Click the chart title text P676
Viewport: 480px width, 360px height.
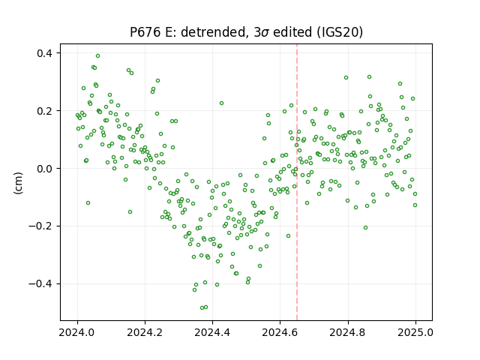pyautogui.click(x=145, y=31)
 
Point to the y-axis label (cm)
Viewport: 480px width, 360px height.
pyautogui.click(x=18, y=183)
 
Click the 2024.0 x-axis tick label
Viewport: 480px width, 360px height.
pyautogui.click(x=77, y=332)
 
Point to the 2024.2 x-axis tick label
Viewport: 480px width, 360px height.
pyautogui.click(x=145, y=332)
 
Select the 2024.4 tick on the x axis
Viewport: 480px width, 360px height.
pyautogui.click(x=212, y=332)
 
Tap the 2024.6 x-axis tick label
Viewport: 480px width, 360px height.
pyautogui.click(x=280, y=332)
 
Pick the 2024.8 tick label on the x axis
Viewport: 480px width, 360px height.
pyautogui.click(x=348, y=332)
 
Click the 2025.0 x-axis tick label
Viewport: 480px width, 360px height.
pyautogui.click(x=415, y=332)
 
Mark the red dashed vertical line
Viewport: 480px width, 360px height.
pyautogui.click(x=297, y=182)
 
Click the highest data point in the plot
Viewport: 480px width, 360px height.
pyautogui.click(x=97, y=55)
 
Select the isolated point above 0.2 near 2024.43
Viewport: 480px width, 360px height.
pyautogui.click(x=222, y=103)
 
